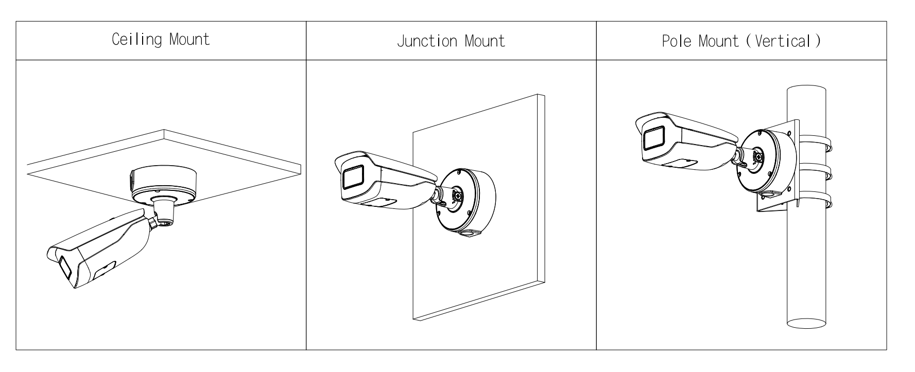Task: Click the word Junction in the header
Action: click(421, 41)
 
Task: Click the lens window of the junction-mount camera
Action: click(353, 178)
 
